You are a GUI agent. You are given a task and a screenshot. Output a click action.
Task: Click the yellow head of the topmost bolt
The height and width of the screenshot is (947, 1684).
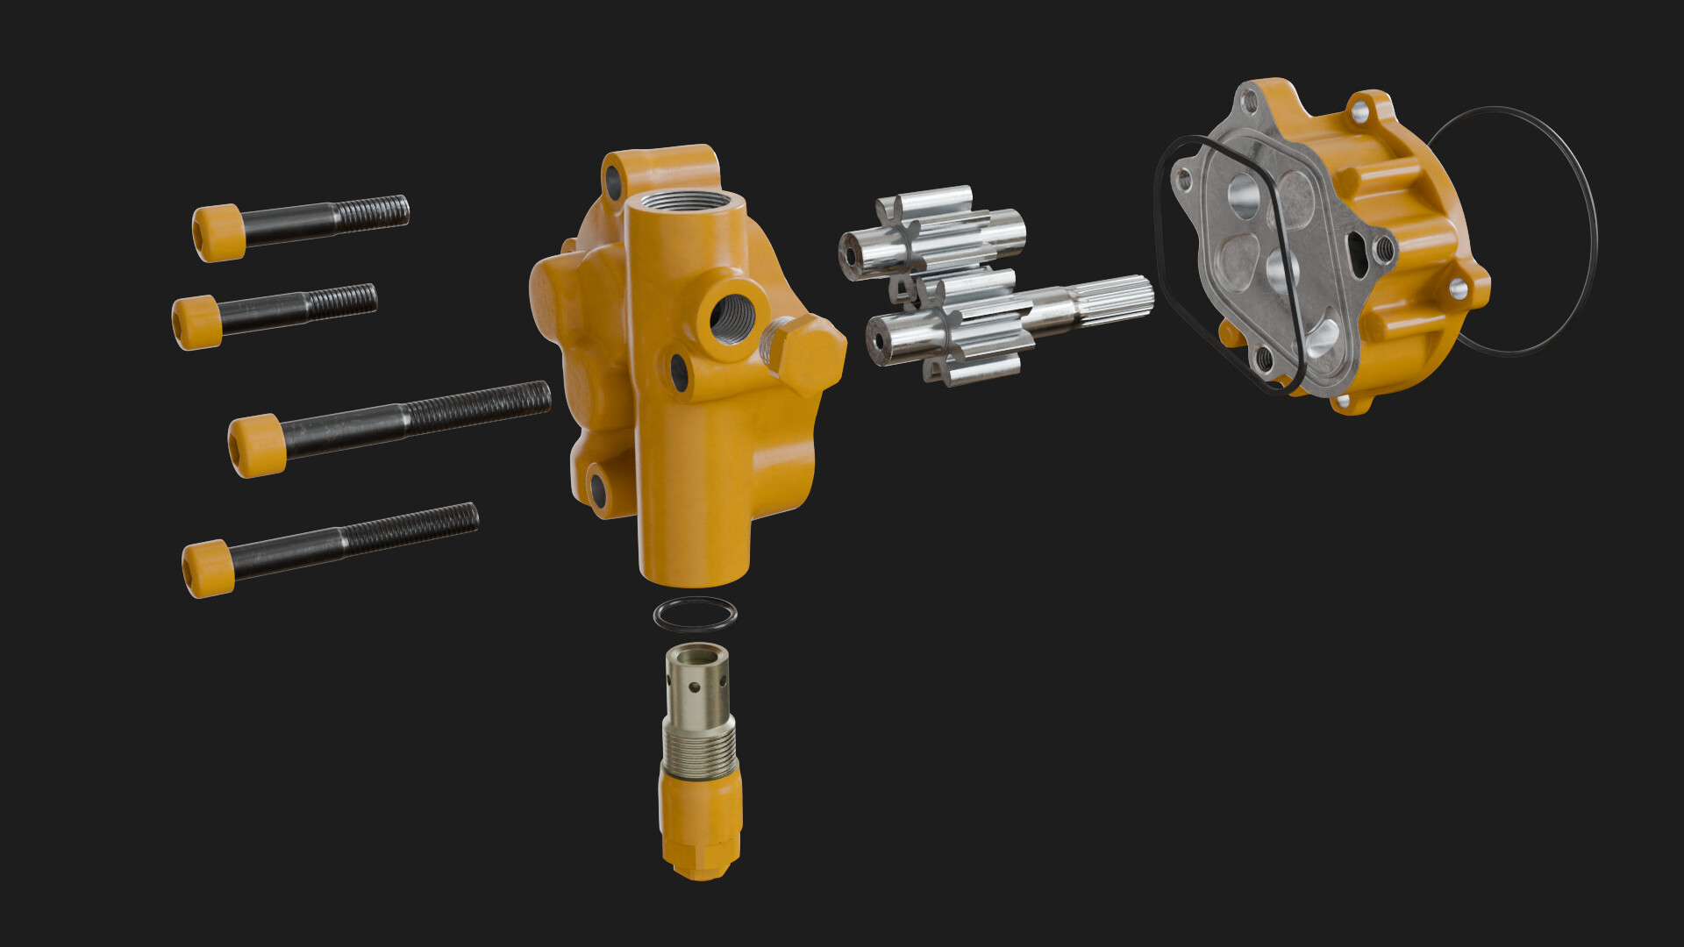218,232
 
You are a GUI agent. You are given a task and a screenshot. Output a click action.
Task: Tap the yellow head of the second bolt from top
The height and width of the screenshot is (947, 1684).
196,322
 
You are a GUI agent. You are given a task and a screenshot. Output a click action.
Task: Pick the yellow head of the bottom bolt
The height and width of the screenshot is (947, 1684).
208,568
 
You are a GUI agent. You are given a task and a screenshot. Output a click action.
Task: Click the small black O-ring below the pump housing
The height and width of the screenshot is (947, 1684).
696,615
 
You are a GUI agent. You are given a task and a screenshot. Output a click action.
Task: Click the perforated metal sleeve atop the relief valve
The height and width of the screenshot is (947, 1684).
697,680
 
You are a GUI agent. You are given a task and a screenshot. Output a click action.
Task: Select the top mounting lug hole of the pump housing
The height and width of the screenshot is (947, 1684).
612,181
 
